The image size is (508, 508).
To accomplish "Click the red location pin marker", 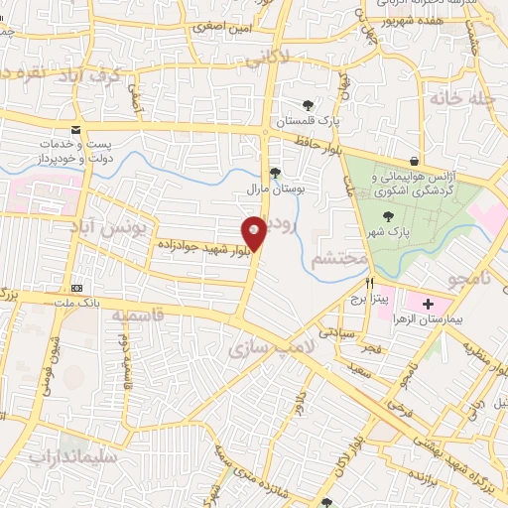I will click(x=255, y=233).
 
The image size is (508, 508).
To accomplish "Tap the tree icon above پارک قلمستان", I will click(x=309, y=104).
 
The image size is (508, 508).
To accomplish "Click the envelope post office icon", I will click(x=75, y=131).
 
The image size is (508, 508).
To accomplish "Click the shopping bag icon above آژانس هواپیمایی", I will click(x=412, y=161).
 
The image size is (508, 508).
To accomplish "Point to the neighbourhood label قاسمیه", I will click(x=137, y=314).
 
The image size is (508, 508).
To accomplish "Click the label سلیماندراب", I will click(x=73, y=457).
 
